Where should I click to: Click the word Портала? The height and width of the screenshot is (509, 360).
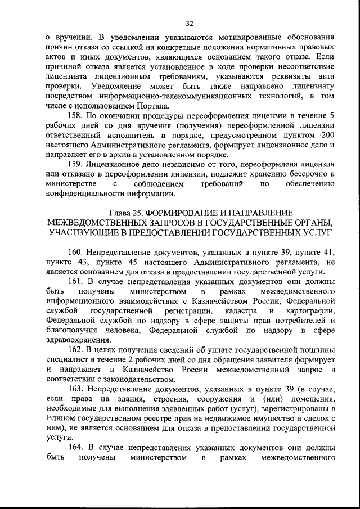coord(151,105)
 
